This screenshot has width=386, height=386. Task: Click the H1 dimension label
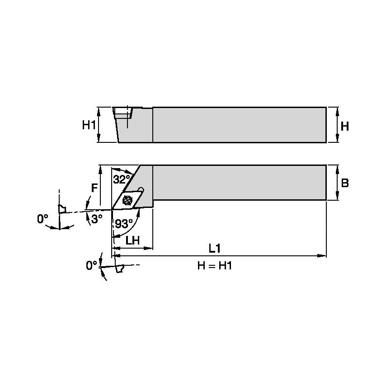point(89,125)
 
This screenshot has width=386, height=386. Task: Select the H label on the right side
point(344,126)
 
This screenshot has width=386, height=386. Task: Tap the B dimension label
point(344,183)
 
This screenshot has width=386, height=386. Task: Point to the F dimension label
point(94,188)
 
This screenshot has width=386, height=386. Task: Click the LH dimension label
point(132,241)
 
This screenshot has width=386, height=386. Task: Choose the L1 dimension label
point(214,248)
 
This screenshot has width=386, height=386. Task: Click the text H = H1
point(214,266)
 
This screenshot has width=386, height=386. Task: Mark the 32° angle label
point(121,179)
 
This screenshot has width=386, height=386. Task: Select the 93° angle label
point(124,223)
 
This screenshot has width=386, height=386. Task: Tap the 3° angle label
point(97,219)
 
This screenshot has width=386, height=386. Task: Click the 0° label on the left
point(42,219)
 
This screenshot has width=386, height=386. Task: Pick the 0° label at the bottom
point(92,266)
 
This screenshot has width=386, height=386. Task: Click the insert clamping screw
point(127,198)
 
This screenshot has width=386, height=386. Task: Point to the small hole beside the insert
point(141,189)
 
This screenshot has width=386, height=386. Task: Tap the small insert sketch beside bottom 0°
point(120,268)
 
